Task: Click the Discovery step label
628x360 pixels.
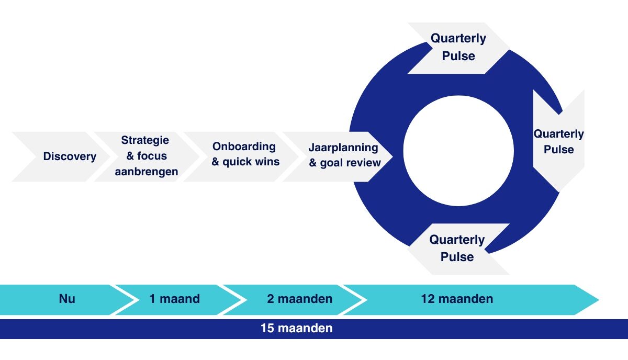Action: coord(70,156)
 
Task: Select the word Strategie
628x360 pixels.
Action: coord(145,140)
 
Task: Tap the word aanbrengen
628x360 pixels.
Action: coord(147,172)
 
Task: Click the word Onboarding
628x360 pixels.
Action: coord(244,146)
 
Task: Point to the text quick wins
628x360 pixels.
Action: coord(251,162)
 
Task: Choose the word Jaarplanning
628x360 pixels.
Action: coord(343,147)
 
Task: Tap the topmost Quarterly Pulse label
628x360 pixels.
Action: coord(458,47)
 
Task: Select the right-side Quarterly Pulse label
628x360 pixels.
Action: coord(558,141)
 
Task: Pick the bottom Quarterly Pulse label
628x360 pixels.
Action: coord(457,248)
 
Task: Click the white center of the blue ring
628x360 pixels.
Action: coord(458,151)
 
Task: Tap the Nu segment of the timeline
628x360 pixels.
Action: coord(67,299)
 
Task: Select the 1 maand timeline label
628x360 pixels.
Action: coord(174,299)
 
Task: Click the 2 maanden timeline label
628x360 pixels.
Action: coord(299,299)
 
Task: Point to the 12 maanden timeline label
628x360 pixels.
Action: coord(457,299)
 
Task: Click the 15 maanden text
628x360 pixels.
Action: coord(296,329)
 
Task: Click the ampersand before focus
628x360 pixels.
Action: coord(130,156)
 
